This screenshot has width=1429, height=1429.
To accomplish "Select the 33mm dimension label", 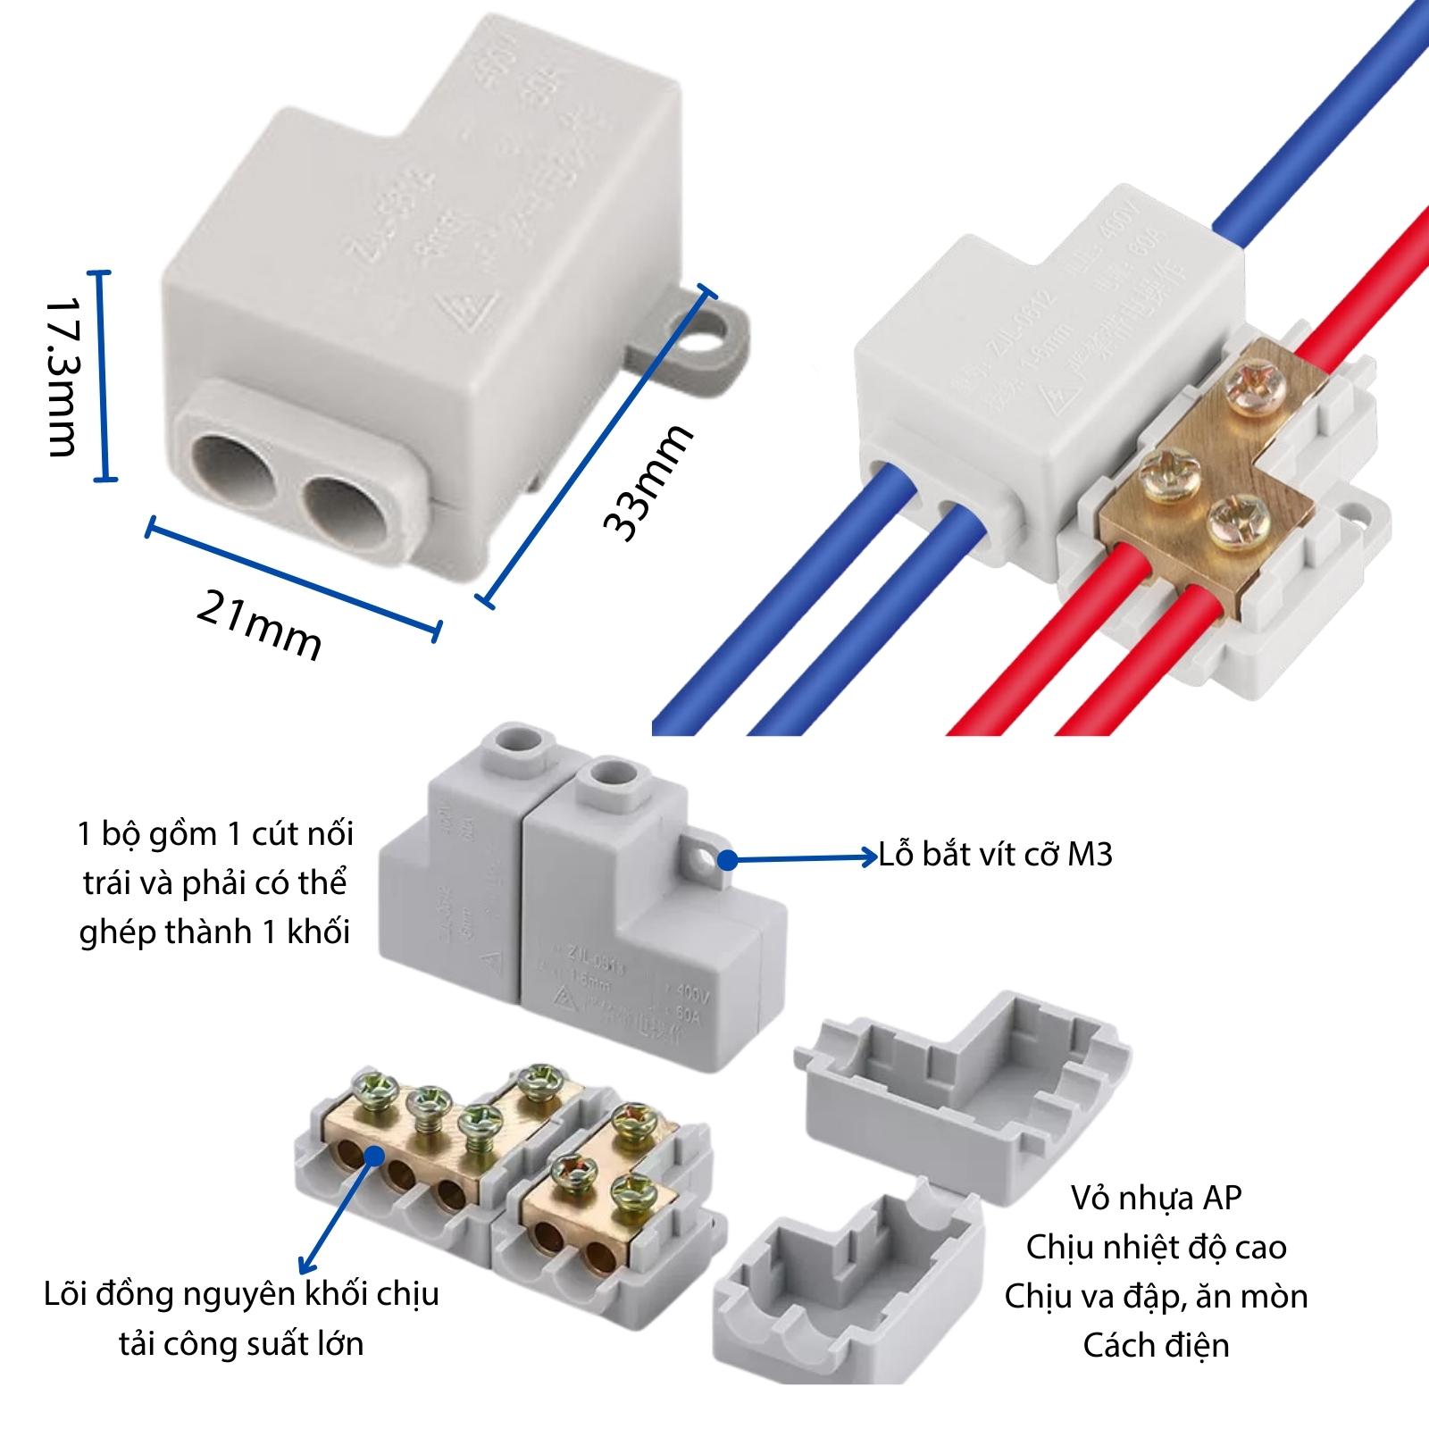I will [x=648, y=483].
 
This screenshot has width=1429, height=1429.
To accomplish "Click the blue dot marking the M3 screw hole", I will [x=729, y=860].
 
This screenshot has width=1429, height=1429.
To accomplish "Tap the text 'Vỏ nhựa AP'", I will [x=1157, y=1198].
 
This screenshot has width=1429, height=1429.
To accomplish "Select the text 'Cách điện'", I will [x=1157, y=1345].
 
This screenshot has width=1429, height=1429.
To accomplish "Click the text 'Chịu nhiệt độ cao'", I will [x=1157, y=1247].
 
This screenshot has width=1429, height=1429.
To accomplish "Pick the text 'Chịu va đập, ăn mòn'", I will [x=1157, y=1296].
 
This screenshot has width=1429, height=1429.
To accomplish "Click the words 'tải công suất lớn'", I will [x=242, y=1343].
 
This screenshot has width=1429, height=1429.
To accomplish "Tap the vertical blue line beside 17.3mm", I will [x=106, y=376].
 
